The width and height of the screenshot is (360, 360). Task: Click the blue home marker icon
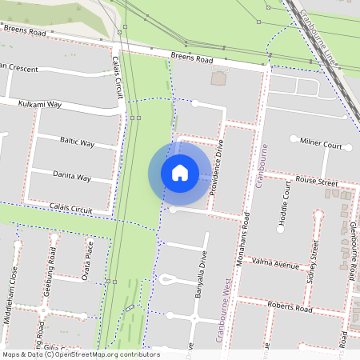click(x=180, y=172)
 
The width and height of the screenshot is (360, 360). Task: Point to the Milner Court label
click(x=321, y=146)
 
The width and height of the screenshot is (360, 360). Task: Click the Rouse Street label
click(x=317, y=182)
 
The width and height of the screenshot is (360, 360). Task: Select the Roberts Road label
click(x=290, y=308)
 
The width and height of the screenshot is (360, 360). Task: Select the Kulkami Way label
click(x=42, y=104)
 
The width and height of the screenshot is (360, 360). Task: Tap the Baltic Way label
click(x=78, y=142)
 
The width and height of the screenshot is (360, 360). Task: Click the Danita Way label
click(x=72, y=175)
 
